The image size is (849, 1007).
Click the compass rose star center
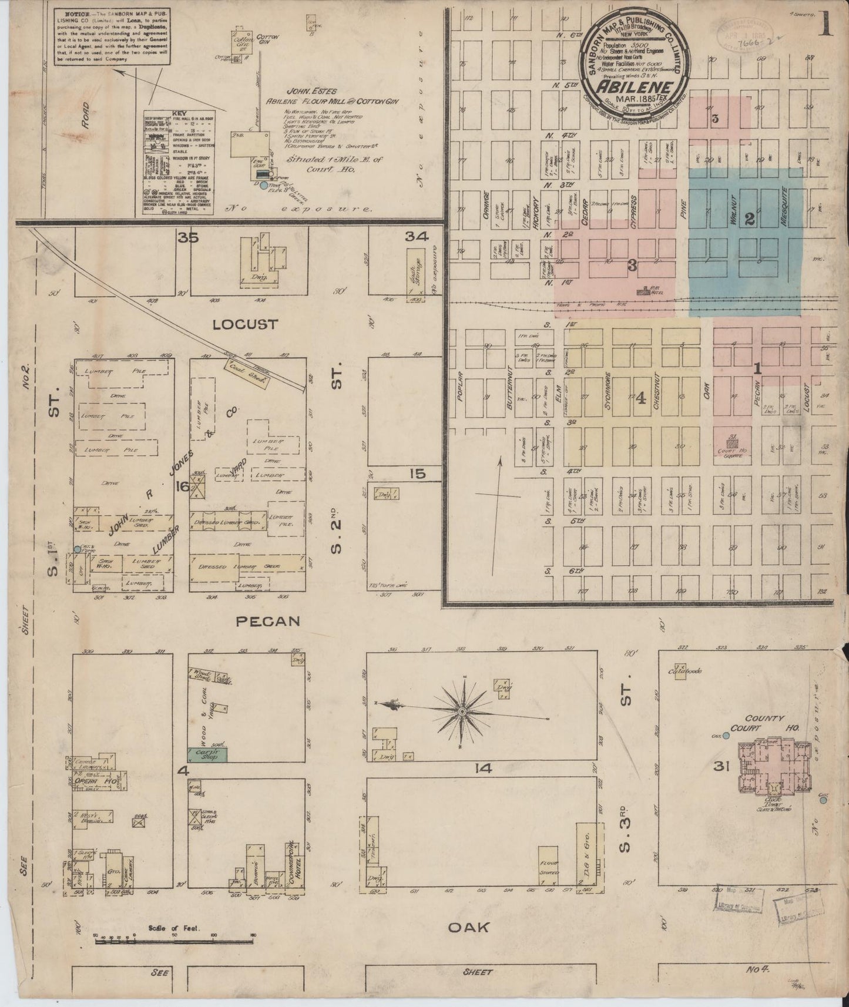coord(463,711)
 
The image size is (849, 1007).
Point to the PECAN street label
coord(268,621)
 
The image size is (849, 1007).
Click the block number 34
coord(417,237)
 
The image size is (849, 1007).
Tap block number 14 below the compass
coord(486,768)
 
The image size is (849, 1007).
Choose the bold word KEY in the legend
coord(179,112)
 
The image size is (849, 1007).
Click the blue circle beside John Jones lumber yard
coord(77,549)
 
